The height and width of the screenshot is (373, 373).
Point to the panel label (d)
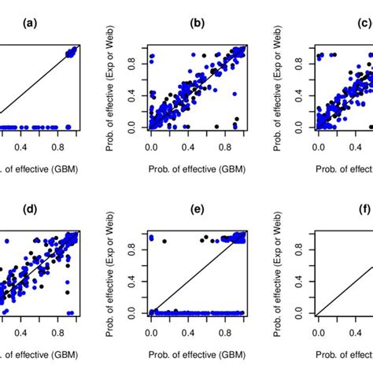[30, 211]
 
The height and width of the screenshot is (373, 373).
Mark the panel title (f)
[360, 211]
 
